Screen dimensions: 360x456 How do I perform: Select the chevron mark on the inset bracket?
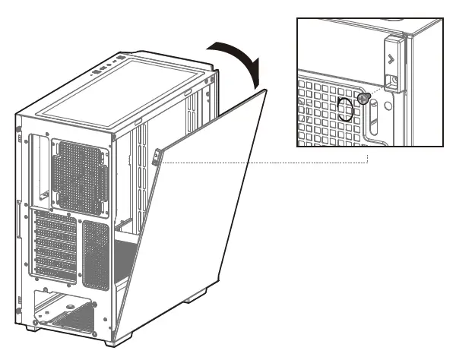391,58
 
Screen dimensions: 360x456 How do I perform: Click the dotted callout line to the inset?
266,162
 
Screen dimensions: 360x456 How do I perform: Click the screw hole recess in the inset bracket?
392,79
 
